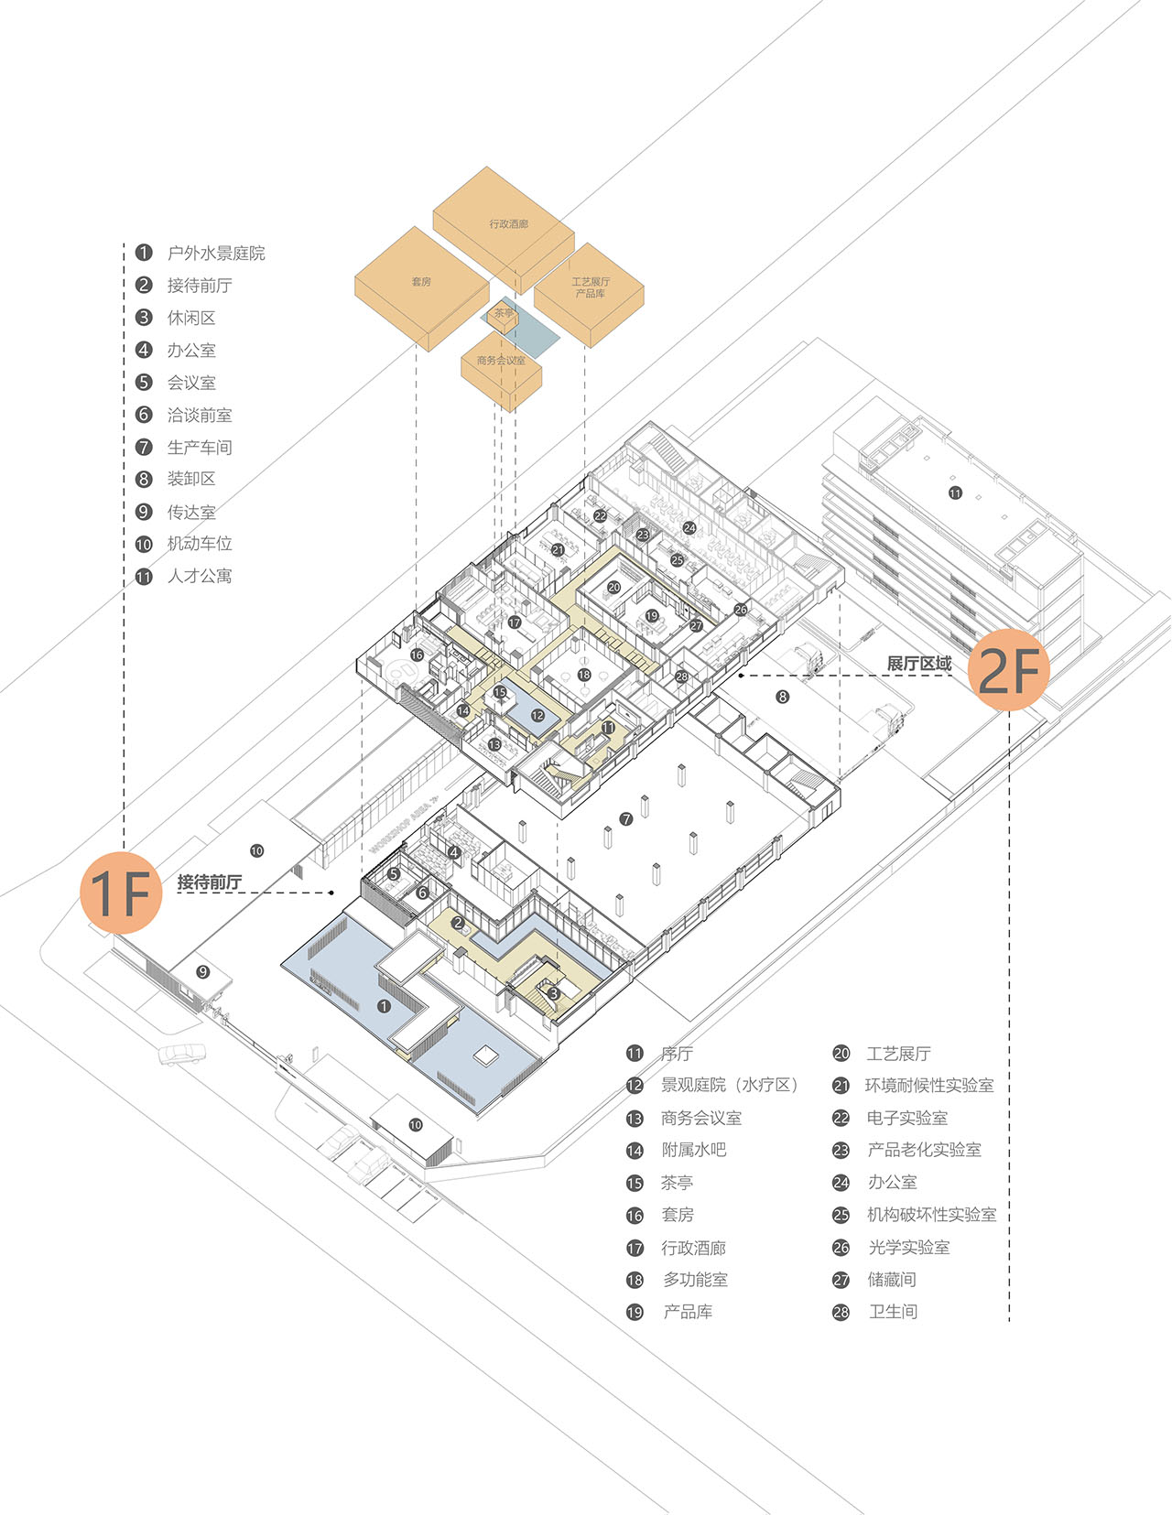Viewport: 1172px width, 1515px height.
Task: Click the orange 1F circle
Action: [x=121, y=893]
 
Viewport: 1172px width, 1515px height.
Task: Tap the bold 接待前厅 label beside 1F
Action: [x=210, y=882]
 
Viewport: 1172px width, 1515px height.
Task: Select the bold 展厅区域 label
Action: [x=918, y=664]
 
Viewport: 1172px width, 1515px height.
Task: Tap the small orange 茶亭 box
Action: [x=504, y=314]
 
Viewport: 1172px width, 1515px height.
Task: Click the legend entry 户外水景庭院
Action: [x=216, y=254]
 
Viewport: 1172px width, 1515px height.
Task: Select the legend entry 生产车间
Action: [x=199, y=448]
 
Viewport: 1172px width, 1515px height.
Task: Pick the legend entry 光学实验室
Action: [x=908, y=1248]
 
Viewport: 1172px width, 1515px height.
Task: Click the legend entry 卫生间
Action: [x=893, y=1312]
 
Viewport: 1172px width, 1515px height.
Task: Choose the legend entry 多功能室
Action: [x=695, y=1280]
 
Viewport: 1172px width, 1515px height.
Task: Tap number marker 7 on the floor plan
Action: [x=626, y=819]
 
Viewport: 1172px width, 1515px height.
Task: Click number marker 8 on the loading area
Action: [x=782, y=697]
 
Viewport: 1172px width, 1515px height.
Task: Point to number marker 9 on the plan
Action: [x=203, y=972]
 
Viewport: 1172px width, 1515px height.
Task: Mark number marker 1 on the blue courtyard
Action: [x=384, y=1006]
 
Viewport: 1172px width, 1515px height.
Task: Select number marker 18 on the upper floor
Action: [x=584, y=676]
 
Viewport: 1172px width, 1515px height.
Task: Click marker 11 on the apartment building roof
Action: [x=955, y=493]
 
